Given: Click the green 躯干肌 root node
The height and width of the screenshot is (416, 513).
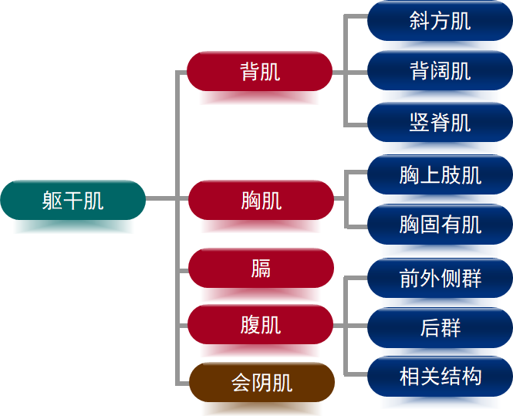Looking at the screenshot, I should [73, 201].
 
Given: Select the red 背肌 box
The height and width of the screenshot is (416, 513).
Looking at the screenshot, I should [260, 72].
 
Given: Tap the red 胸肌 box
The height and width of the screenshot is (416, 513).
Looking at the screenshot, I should [261, 201].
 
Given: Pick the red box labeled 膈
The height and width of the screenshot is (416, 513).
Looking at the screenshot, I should [261, 269].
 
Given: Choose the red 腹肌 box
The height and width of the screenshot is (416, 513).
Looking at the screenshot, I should [261, 324].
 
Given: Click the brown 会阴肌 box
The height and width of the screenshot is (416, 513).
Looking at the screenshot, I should [261, 382].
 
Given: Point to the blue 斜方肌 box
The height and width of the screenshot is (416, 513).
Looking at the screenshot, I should [440, 21].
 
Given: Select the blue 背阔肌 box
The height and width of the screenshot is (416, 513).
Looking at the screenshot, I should [440, 71].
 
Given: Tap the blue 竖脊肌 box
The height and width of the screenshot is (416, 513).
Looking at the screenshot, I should [440, 122].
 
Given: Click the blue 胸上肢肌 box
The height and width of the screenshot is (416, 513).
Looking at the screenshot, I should [440, 175].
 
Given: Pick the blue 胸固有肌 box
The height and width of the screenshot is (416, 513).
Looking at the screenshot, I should [440, 225].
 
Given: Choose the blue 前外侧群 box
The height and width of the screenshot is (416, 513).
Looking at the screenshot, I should [440, 278].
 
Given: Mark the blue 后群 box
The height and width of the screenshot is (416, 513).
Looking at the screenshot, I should [440, 327].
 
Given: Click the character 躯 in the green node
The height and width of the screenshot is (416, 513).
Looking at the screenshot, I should [52, 201].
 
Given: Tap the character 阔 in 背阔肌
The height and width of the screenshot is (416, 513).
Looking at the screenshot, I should [440, 71].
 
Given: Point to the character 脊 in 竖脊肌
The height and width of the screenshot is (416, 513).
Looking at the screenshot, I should [440, 122].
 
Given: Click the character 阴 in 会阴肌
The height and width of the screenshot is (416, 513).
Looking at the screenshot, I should [262, 382].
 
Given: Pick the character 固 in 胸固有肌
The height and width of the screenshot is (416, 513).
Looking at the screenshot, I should [430, 225].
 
